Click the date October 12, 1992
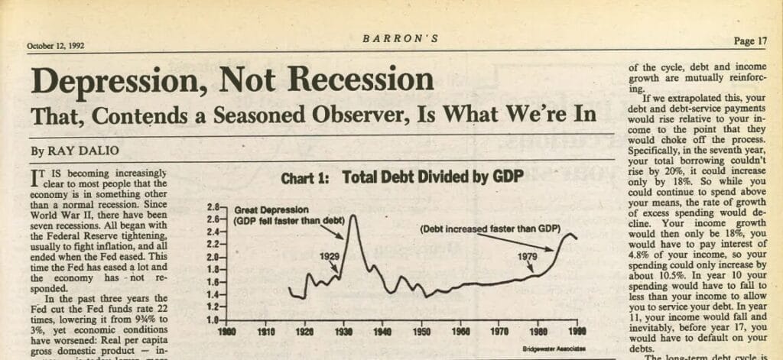[x=56, y=45]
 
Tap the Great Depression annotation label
[x=271, y=209]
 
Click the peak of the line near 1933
[x=353, y=216]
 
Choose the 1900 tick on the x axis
[x=227, y=333]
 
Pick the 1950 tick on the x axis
[x=421, y=333]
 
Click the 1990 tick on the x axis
[x=577, y=333]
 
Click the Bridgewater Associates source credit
[x=549, y=349]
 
